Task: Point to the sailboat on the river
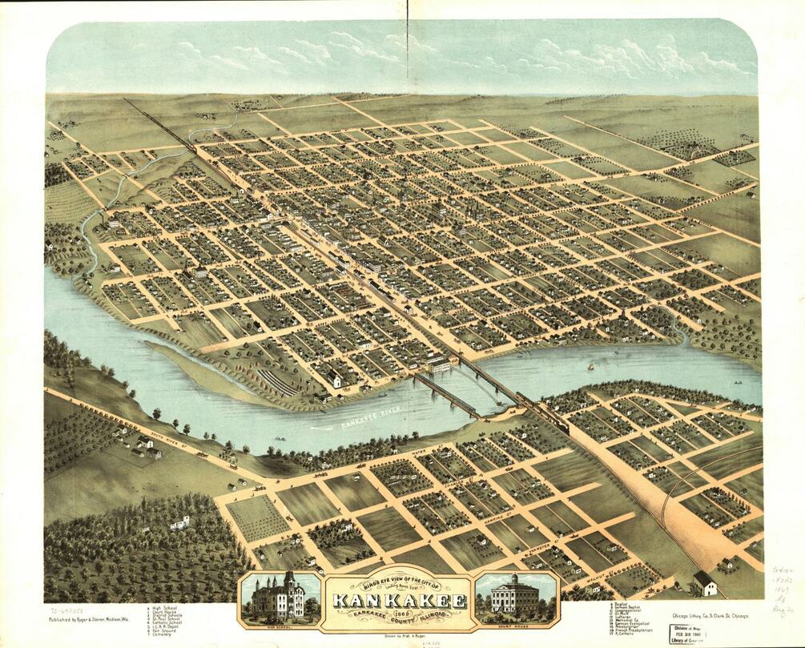pyautogui.click(x=591, y=367)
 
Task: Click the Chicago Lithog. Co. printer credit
pyautogui.click(x=704, y=615)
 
